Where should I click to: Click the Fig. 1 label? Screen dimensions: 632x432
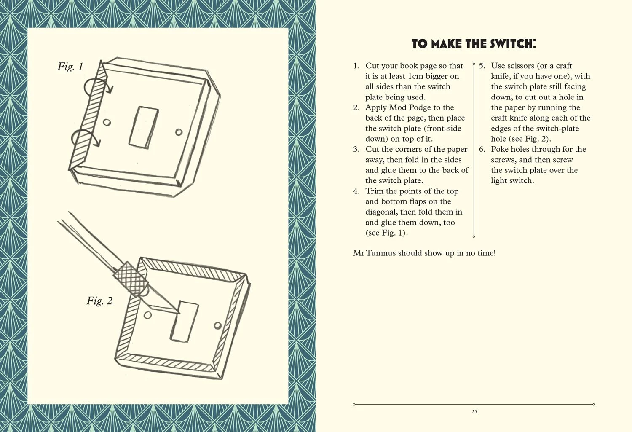coord(70,67)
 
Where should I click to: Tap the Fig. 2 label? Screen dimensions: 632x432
coord(99,301)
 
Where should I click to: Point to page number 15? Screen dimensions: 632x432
coord(474,412)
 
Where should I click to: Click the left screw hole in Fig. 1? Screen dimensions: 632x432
coord(107,122)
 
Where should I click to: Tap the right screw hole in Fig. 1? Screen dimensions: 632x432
coord(179,132)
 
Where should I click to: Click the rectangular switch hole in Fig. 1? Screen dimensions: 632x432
coord(144,127)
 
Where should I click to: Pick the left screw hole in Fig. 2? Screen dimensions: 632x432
coord(147,315)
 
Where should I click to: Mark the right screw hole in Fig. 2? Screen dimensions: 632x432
coord(217,326)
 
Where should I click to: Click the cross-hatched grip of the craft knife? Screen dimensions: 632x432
coord(131,279)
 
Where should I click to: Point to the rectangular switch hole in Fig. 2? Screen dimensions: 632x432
coord(184,322)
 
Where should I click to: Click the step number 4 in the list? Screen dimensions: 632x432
coord(356,191)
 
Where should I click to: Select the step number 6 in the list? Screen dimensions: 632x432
coord(482,149)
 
